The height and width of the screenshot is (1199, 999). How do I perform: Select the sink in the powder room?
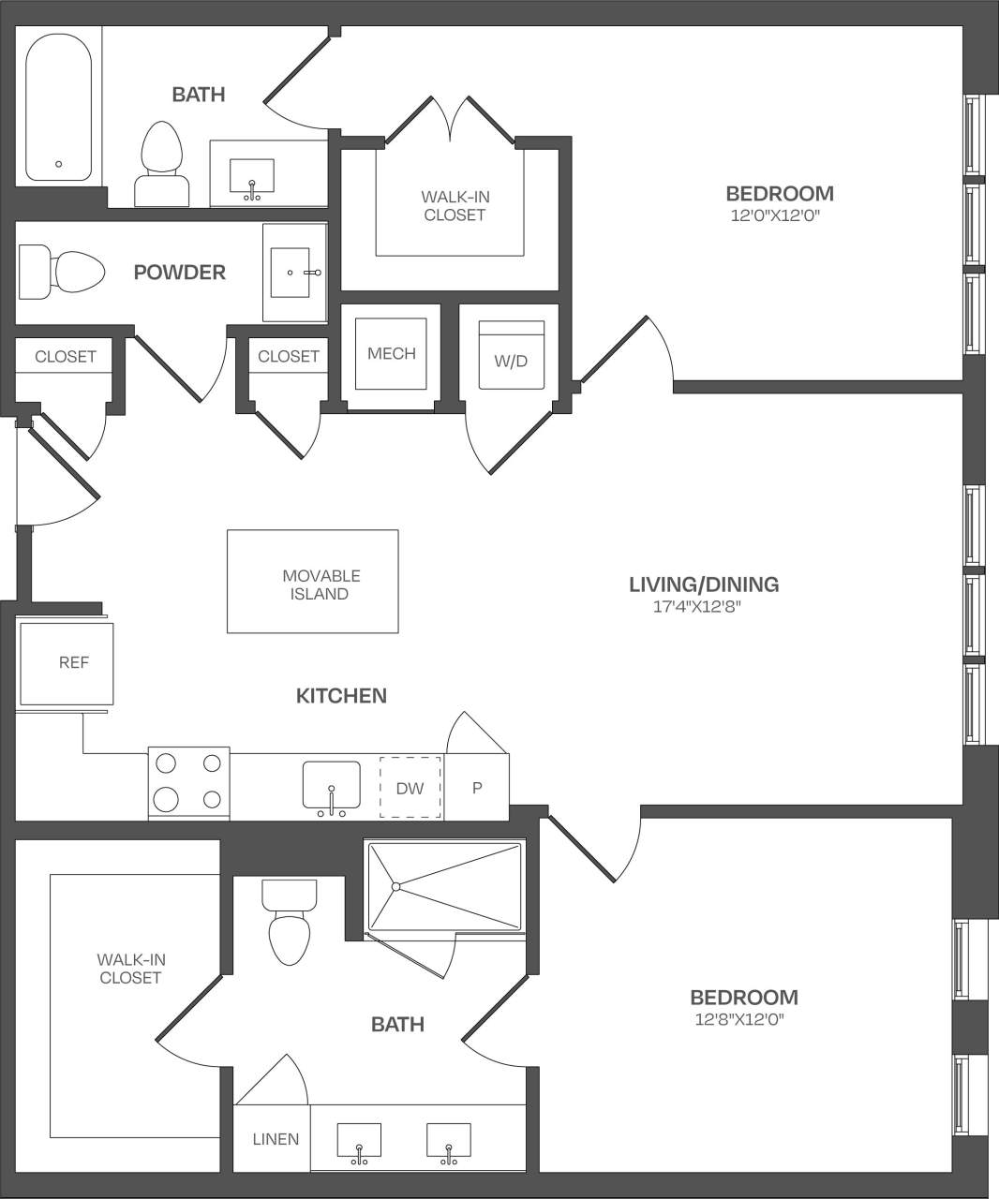click(294, 272)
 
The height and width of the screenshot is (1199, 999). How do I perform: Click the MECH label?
click(391, 354)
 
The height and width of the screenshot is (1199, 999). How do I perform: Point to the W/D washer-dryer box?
click(511, 356)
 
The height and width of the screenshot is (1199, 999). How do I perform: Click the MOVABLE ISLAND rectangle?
click(313, 581)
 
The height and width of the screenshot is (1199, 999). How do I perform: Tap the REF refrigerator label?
click(74, 662)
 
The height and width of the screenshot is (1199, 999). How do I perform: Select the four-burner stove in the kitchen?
click(188, 784)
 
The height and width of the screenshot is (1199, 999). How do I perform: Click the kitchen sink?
click(331, 785)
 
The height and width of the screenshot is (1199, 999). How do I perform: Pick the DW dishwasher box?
click(410, 788)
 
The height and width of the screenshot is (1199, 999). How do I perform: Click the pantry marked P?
click(477, 788)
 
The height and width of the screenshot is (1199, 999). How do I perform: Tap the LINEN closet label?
click(276, 1139)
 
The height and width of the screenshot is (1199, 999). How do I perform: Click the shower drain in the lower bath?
click(396, 885)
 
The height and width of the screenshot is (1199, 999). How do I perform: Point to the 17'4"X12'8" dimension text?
click(703, 606)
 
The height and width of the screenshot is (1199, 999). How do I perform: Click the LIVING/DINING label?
click(703, 585)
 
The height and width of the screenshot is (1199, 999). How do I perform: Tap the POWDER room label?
click(180, 273)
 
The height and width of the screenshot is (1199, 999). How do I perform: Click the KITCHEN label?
click(341, 695)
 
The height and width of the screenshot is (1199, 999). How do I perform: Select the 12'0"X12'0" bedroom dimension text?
click(780, 215)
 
